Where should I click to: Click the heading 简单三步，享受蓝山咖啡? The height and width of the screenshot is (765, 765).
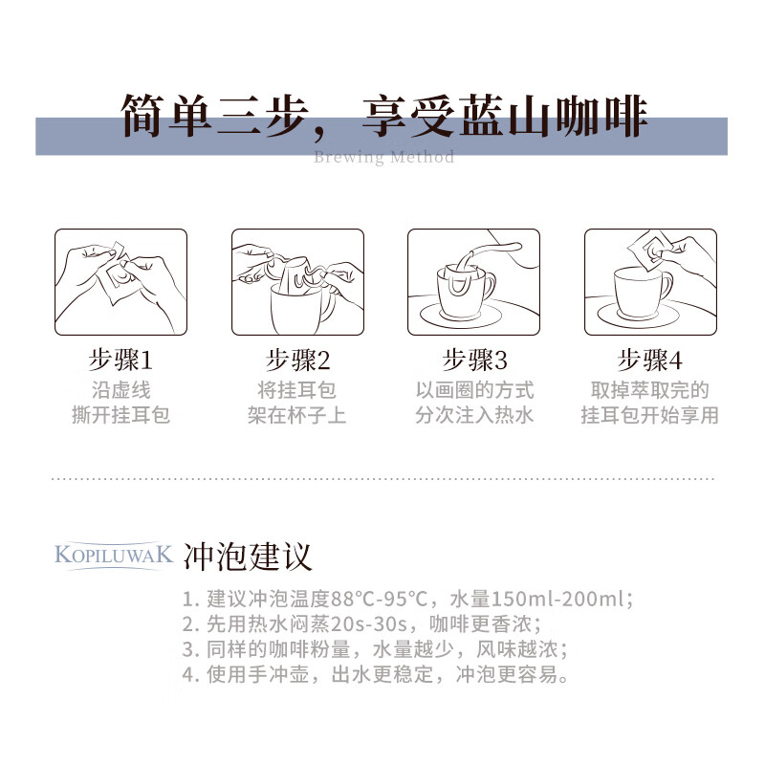(383, 117)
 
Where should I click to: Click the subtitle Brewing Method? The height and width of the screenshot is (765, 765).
(383, 157)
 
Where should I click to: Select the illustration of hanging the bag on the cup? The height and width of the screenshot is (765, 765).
(297, 282)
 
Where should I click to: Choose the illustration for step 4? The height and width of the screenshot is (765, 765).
(650, 282)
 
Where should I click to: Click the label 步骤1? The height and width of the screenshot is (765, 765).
(120, 361)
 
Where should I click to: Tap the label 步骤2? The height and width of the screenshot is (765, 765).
(297, 361)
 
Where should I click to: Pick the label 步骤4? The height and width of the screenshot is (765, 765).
(650, 361)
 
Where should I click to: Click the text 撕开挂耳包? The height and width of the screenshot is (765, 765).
(120, 416)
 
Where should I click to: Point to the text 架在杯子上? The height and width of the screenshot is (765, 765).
(297, 416)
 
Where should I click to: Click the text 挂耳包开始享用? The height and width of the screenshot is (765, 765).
(650, 416)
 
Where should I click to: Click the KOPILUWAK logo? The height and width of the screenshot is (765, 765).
(114, 555)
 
